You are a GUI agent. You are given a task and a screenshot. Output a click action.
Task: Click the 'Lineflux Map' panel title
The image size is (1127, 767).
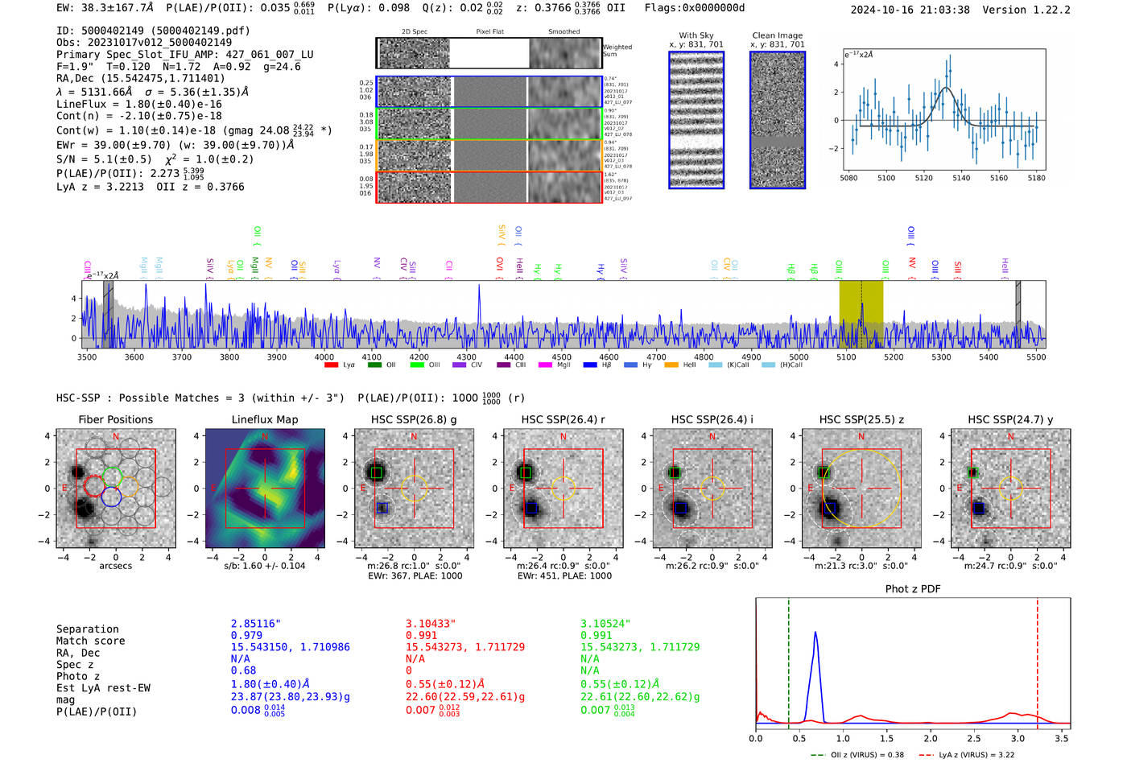[264, 419]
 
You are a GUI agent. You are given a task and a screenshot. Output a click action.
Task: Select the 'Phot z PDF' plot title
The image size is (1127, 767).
[912, 589]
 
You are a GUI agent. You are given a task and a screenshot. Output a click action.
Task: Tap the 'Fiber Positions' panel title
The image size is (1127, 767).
[115, 419]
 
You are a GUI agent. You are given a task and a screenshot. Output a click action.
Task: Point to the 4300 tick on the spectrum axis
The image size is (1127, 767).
[466, 357]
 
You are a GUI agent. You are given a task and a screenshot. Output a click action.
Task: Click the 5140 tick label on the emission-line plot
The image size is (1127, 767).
[961, 178]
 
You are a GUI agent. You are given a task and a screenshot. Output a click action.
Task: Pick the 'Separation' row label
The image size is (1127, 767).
[87, 629]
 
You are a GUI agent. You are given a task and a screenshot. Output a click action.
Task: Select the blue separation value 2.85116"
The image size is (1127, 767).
[255, 624]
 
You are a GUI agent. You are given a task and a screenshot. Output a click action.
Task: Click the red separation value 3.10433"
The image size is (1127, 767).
[431, 624]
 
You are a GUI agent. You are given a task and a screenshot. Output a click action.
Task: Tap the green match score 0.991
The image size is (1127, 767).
[596, 635]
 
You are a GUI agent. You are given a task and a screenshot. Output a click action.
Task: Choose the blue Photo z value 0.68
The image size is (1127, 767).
[243, 670]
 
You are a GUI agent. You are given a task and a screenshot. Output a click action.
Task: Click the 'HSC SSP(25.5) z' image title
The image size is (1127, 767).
[861, 419]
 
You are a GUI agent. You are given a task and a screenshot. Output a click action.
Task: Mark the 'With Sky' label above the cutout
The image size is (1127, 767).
[696, 35]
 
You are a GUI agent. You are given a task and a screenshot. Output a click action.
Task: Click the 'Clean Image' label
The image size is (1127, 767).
[777, 35]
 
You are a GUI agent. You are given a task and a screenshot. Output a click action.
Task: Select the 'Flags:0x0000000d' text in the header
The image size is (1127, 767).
[694, 8]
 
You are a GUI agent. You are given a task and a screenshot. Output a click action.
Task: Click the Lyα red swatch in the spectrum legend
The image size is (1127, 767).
[331, 365]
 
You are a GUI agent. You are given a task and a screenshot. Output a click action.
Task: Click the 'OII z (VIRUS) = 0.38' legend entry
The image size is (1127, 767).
[857, 755]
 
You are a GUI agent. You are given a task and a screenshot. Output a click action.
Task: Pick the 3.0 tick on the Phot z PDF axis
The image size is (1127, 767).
[1018, 738]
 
